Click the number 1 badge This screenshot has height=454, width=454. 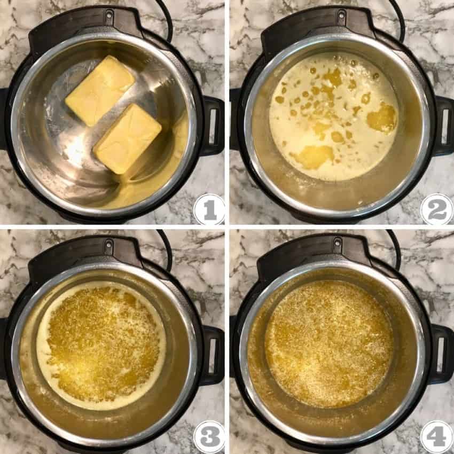click(x=209, y=209)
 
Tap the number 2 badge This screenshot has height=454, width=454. click(x=436, y=209)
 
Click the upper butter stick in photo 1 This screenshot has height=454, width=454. click(x=100, y=90)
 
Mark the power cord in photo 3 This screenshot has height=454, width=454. click(x=167, y=248)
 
